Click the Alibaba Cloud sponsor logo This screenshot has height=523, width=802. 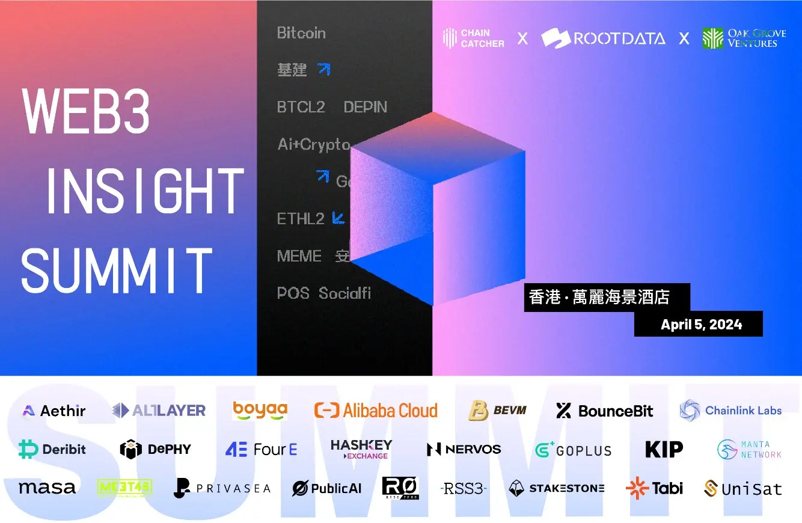(376, 411)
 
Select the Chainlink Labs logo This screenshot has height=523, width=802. (730, 411)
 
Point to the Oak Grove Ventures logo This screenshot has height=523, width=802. (744, 38)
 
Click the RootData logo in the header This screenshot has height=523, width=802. (603, 38)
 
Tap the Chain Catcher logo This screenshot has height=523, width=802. (474, 38)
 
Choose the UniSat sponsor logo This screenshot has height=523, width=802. (742, 489)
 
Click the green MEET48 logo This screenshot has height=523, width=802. (124, 487)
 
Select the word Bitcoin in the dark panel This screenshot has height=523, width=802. (301, 33)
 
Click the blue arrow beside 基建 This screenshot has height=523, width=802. (324, 70)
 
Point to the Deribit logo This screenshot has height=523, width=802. (52, 449)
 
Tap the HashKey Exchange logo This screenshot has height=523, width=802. (361, 449)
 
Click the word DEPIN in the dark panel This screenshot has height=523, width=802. (365, 108)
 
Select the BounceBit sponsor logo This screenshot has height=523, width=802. (604, 411)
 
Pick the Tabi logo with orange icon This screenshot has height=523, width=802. (654, 488)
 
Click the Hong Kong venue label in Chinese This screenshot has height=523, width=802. (599, 297)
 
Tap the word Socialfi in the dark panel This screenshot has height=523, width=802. (344, 293)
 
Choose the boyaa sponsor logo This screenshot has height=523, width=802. (260, 410)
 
